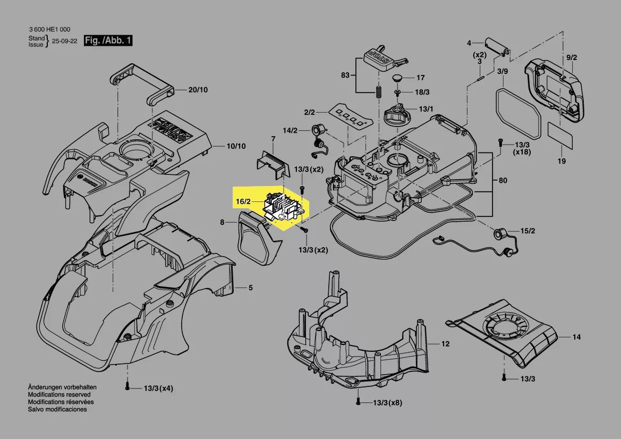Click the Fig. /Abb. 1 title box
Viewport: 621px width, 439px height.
[x=108, y=40]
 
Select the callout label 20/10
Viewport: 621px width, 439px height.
[x=198, y=89]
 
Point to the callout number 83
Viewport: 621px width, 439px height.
[x=345, y=75]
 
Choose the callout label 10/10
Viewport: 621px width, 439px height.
[x=236, y=146]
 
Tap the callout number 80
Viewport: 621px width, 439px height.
[x=503, y=180]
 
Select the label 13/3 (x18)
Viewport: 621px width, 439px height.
[x=522, y=149]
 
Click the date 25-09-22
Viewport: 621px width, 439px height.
[x=65, y=41]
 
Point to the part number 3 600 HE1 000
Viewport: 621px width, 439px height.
[x=49, y=29]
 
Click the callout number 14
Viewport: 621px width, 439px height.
[x=577, y=337]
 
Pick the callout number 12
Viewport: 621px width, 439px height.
[x=446, y=343]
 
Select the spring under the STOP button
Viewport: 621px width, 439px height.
[x=378, y=93]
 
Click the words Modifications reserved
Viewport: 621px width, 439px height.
[x=59, y=395]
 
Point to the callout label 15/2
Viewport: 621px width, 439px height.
[x=528, y=231]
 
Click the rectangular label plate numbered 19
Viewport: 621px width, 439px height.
[x=560, y=136]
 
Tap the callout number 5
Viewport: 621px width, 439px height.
[x=251, y=288]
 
